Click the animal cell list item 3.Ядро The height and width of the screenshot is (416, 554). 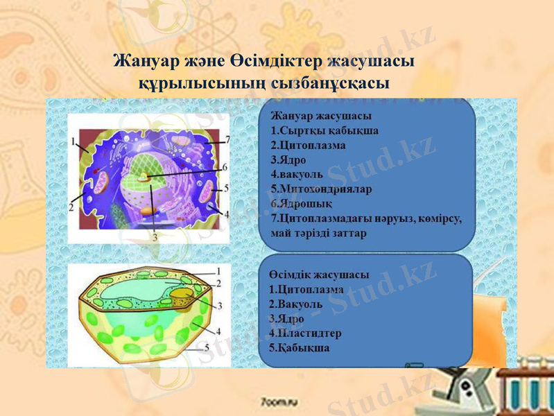point(286,159)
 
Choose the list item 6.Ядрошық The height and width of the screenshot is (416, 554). point(302,203)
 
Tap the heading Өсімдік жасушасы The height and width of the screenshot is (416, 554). point(318,275)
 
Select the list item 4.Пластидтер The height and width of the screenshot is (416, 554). point(304,333)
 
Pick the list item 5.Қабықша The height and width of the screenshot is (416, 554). point(299,347)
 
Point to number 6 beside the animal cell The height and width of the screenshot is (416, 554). point(223,167)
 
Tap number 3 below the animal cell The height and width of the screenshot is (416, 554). point(154,237)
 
